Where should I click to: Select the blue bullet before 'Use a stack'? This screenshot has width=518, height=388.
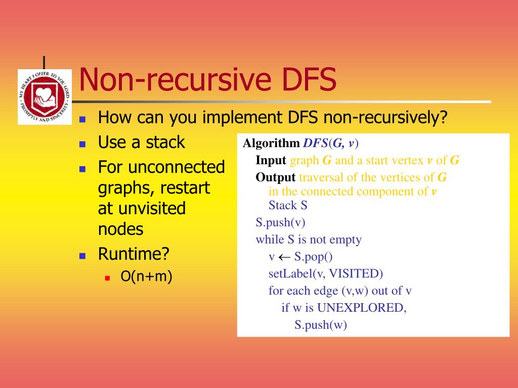(x=82, y=143)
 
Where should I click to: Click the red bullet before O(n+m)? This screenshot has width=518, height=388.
(x=107, y=277)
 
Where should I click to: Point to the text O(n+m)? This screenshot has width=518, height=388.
(x=146, y=276)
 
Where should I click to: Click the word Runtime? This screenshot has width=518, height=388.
(x=133, y=254)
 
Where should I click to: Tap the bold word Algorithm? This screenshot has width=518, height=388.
(x=271, y=143)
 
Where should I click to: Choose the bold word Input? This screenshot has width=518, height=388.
(x=271, y=161)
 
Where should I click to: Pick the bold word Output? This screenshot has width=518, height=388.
(x=275, y=177)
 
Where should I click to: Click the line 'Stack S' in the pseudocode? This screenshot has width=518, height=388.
(x=288, y=205)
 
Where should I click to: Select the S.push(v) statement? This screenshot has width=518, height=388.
(x=280, y=222)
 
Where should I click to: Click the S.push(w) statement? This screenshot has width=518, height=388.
(x=321, y=325)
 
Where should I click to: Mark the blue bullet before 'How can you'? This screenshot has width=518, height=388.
(x=82, y=119)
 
